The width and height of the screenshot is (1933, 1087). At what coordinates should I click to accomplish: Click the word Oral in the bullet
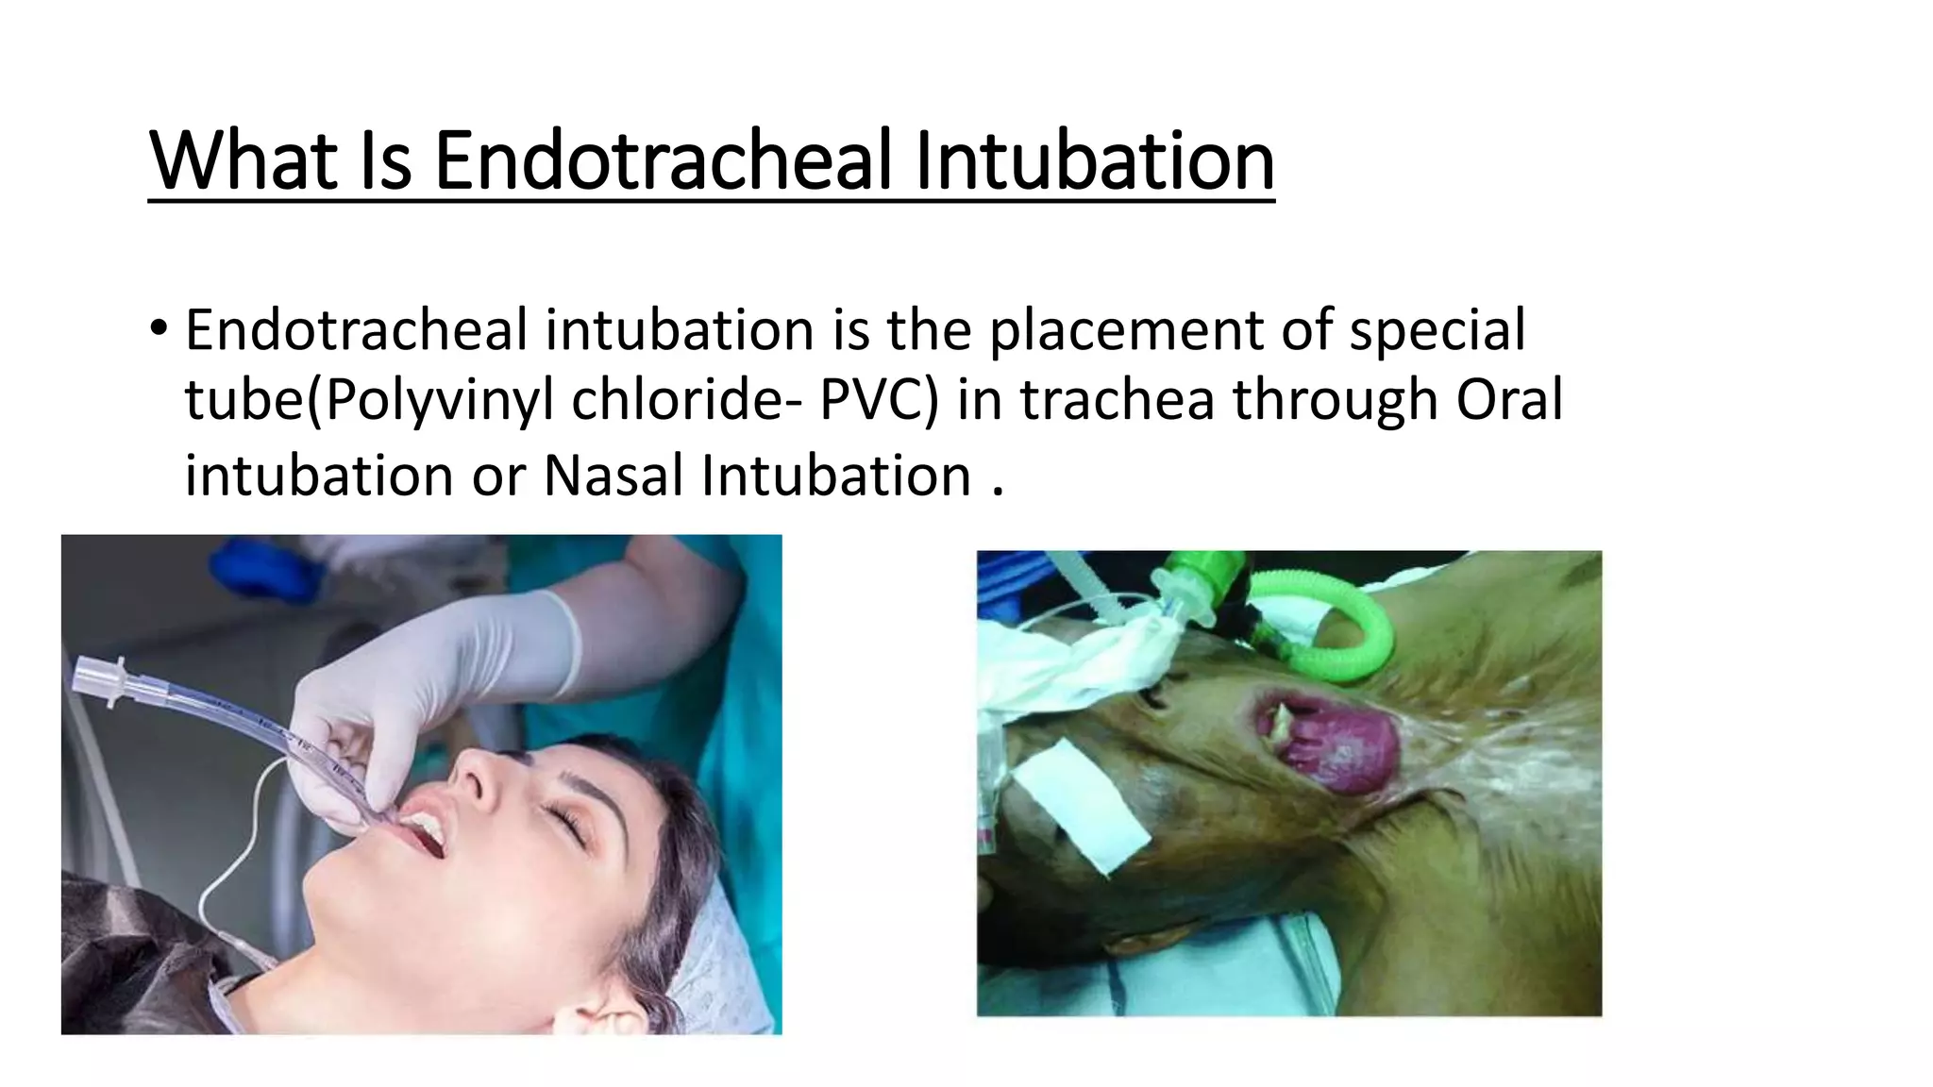tap(1508, 399)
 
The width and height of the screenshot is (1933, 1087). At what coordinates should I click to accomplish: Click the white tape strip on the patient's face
tap(1081, 802)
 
